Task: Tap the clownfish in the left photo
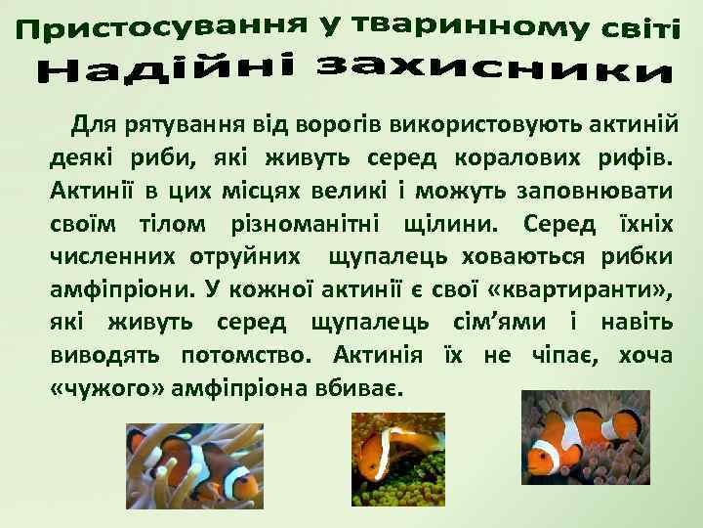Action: [x=210, y=464]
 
